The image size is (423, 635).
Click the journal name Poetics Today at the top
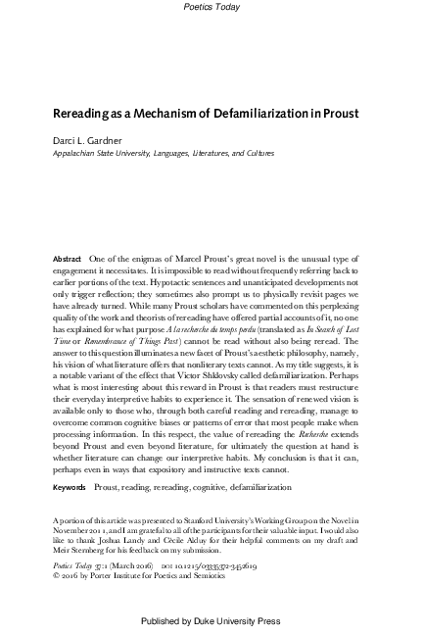(211, 7)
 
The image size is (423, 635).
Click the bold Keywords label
(70, 486)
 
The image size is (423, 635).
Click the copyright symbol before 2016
(57, 578)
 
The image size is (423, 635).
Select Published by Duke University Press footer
(211, 620)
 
